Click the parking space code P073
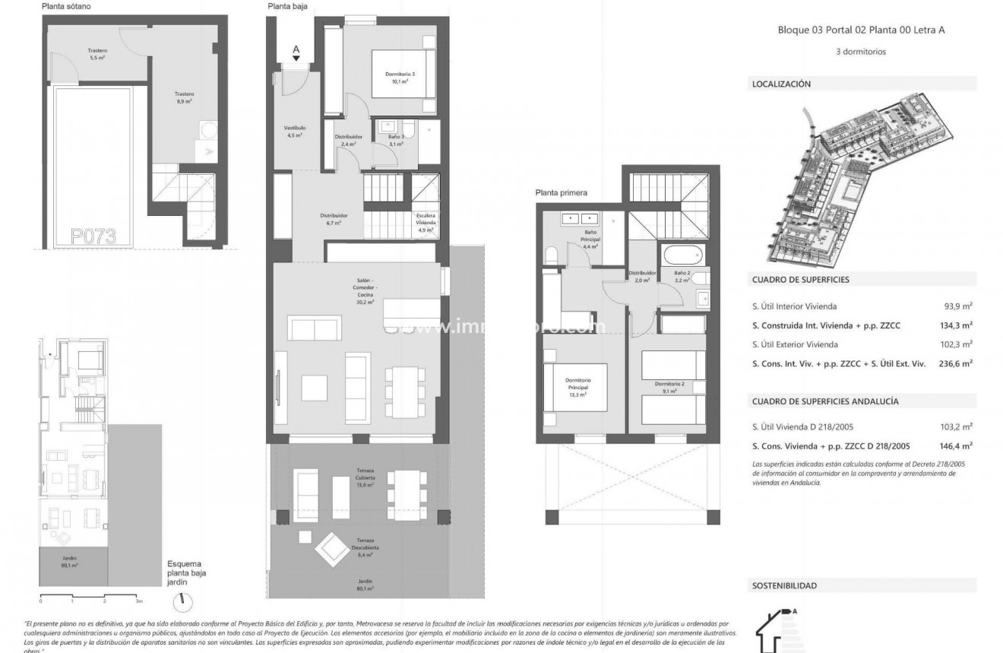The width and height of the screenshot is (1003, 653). click(93, 236)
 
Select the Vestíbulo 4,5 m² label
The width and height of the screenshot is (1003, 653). click(295, 132)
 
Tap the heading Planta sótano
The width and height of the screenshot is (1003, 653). click(68, 7)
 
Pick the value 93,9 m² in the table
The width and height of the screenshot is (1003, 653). click(960, 306)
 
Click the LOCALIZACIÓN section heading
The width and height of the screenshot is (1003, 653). click(781, 84)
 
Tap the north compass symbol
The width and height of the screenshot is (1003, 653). click(182, 601)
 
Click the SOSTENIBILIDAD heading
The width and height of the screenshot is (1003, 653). click(784, 586)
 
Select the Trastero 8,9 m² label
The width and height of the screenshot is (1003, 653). click(185, 97)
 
